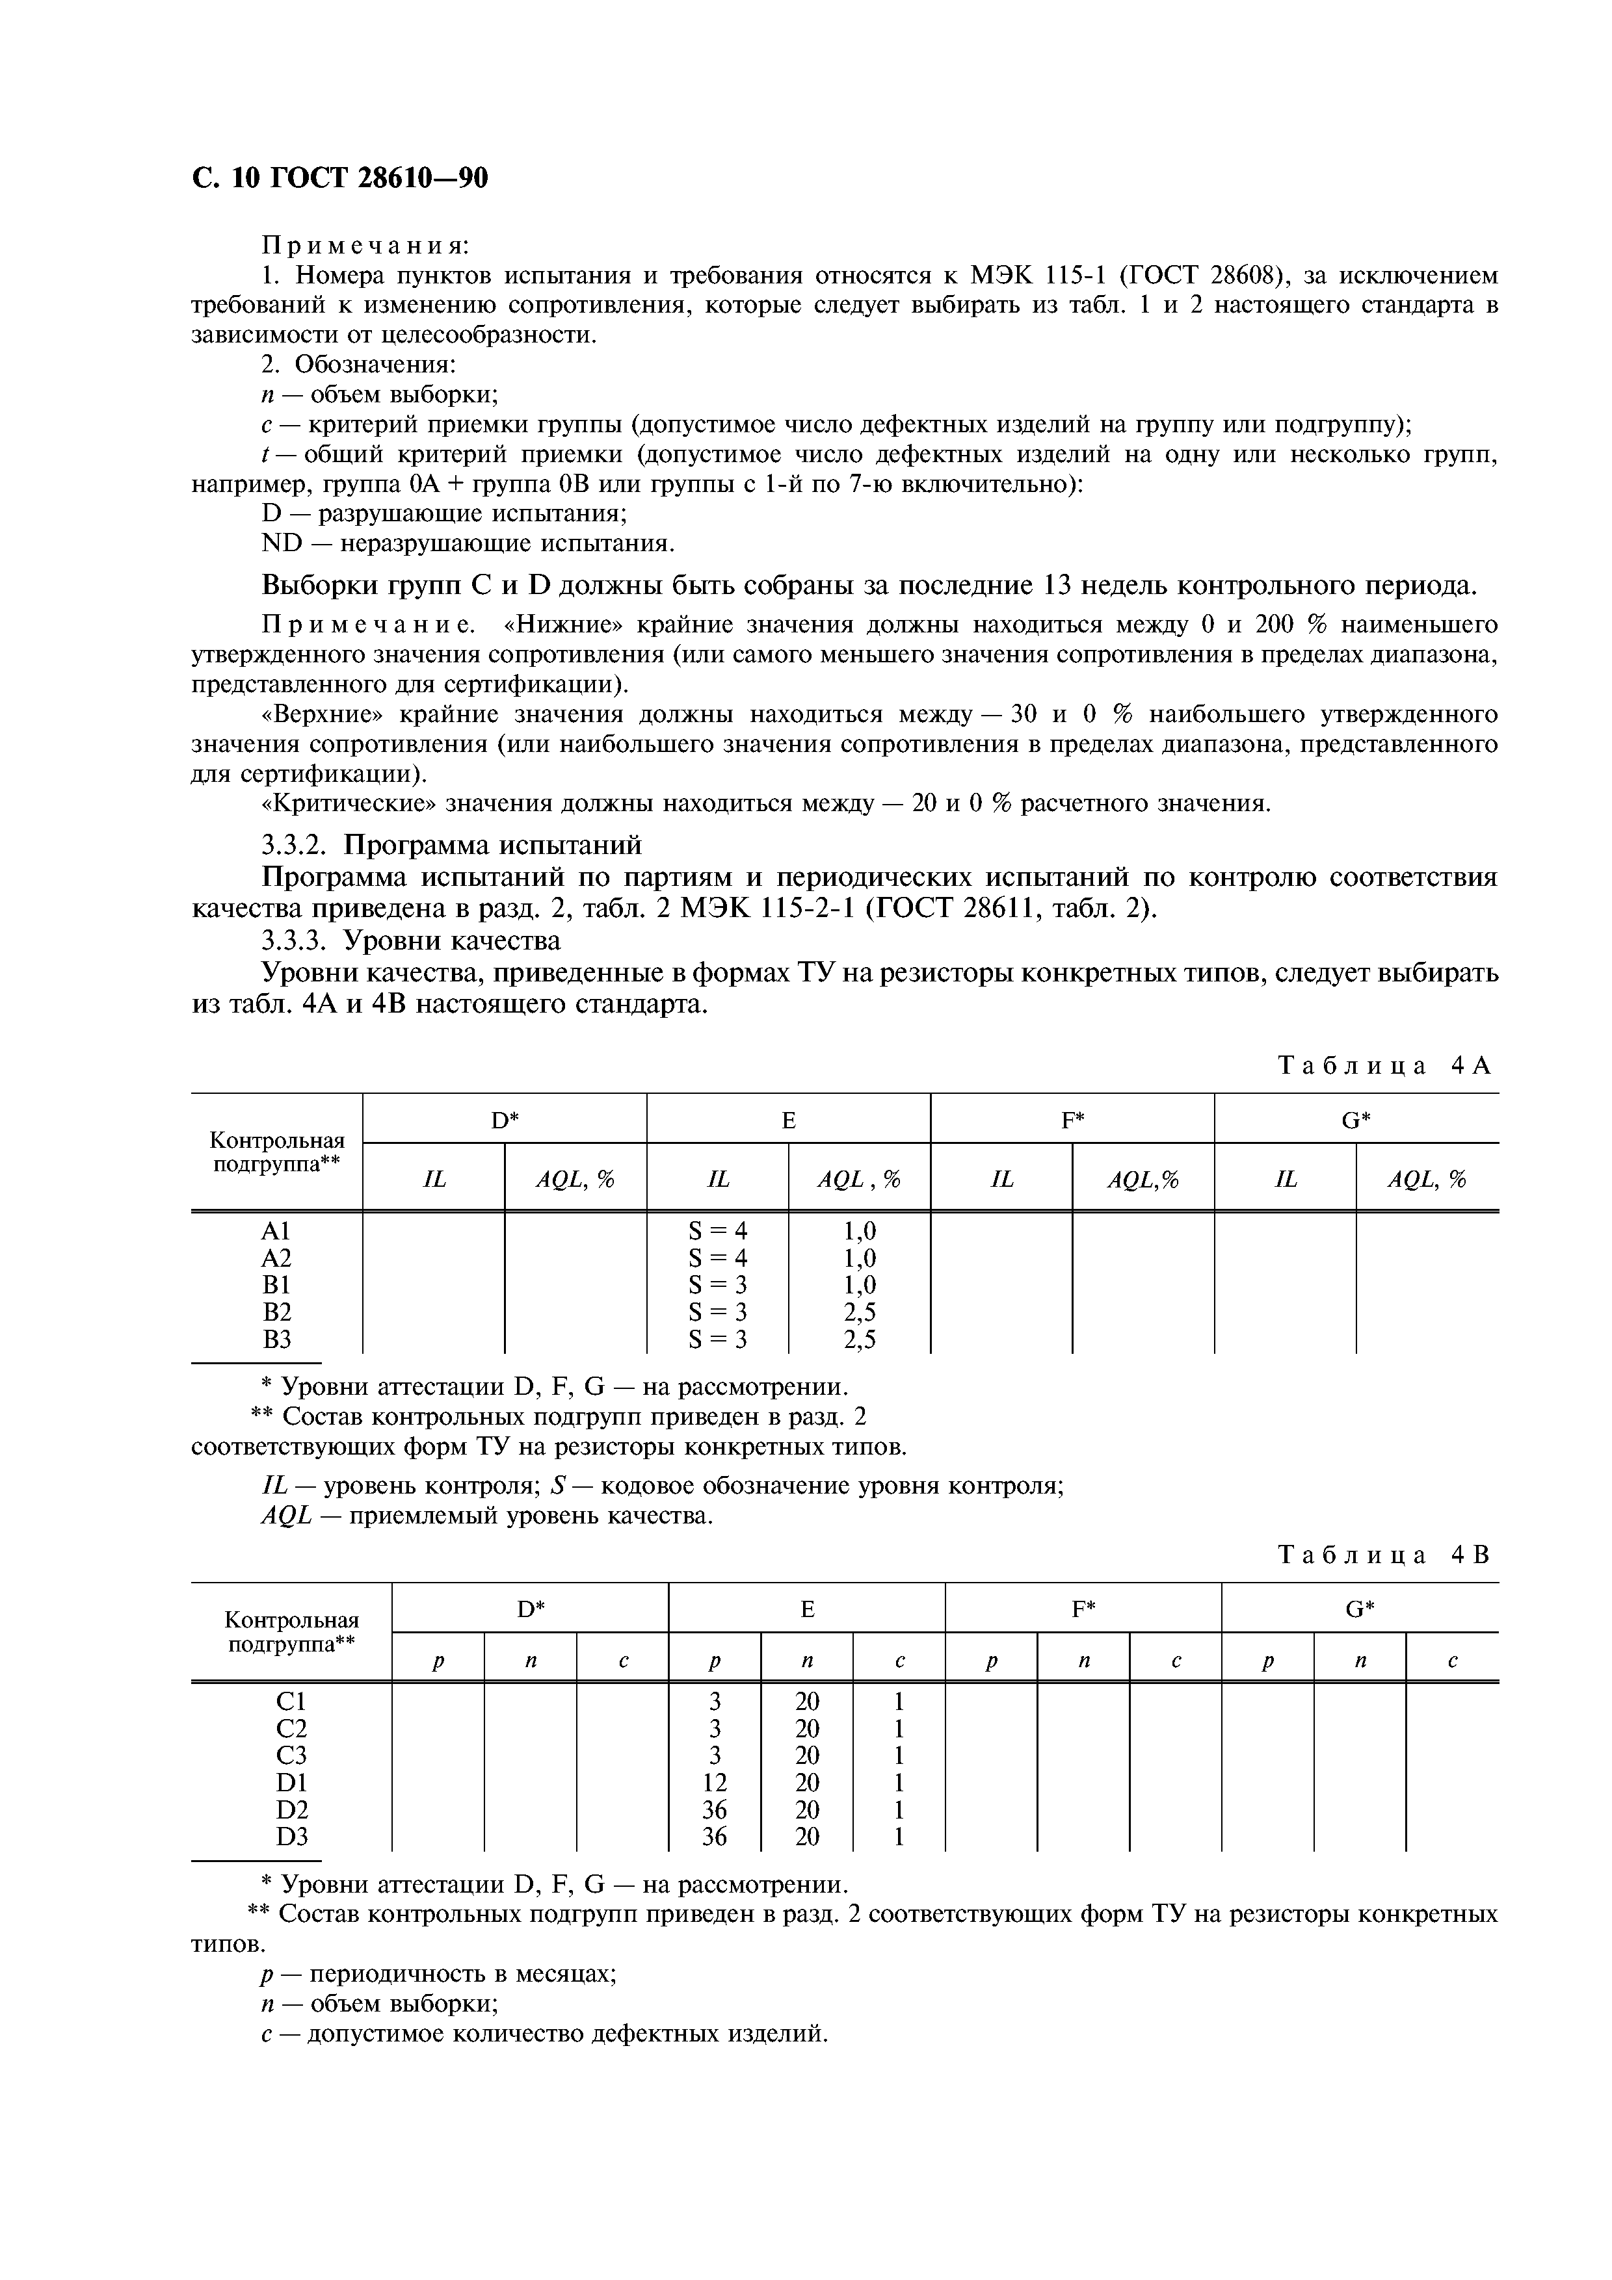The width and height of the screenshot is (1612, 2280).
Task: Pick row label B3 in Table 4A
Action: pyautogui.click(x=276, y=1340)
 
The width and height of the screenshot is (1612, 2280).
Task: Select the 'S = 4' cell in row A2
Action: pyautogui.click(x=717, y=1258)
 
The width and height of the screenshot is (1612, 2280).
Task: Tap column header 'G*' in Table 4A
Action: pyautogui.click(x=1356, y=1120)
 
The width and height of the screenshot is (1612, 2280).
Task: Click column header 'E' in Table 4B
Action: pyautogui.click(x=806, y=1610)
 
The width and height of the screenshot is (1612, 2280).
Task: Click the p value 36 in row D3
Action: pyautogui.click(x=714, y=1837)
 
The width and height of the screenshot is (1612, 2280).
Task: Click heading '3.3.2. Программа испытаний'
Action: pyautogui.click(x=452, y=845)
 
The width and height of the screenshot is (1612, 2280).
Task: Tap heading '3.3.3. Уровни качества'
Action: pyautogui.click(x=411, y=939)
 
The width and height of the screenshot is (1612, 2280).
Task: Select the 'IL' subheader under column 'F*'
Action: pyautogui.click(x=1002, y=1180)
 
